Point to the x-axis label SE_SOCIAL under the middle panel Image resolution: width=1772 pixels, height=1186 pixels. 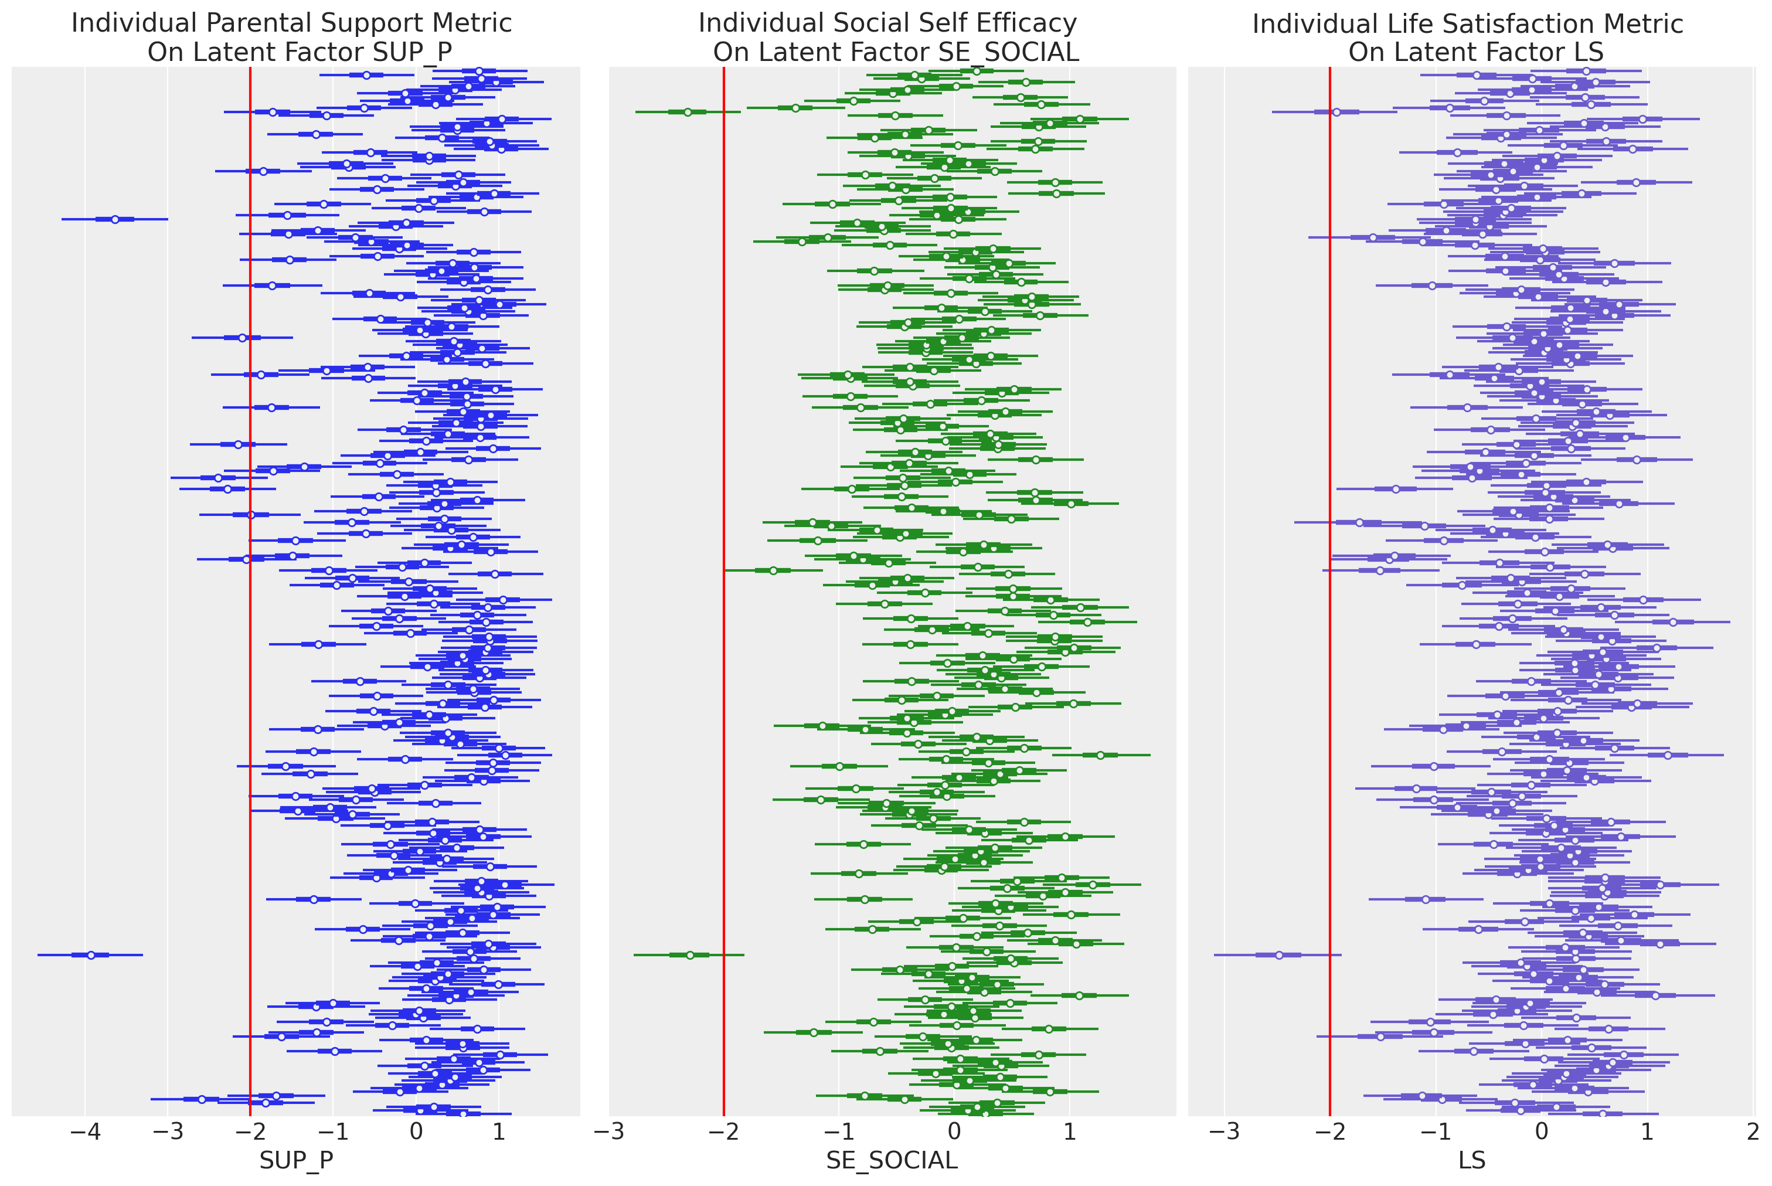(892, 1160)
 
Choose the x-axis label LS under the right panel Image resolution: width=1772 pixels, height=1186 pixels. (1472, 1160)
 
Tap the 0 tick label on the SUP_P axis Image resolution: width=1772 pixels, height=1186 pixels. (416, 1132)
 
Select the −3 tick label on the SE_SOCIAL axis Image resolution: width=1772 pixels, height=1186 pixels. (609, 1132)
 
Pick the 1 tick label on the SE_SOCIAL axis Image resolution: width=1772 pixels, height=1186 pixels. (1069, 1132)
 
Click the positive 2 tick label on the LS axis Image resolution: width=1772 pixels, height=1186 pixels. (1753, 1132)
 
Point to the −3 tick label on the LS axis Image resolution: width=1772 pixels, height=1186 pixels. (1225, 1132)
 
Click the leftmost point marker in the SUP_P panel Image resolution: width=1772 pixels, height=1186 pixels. (91, 955)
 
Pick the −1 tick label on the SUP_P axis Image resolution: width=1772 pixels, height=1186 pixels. (333, 1132)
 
